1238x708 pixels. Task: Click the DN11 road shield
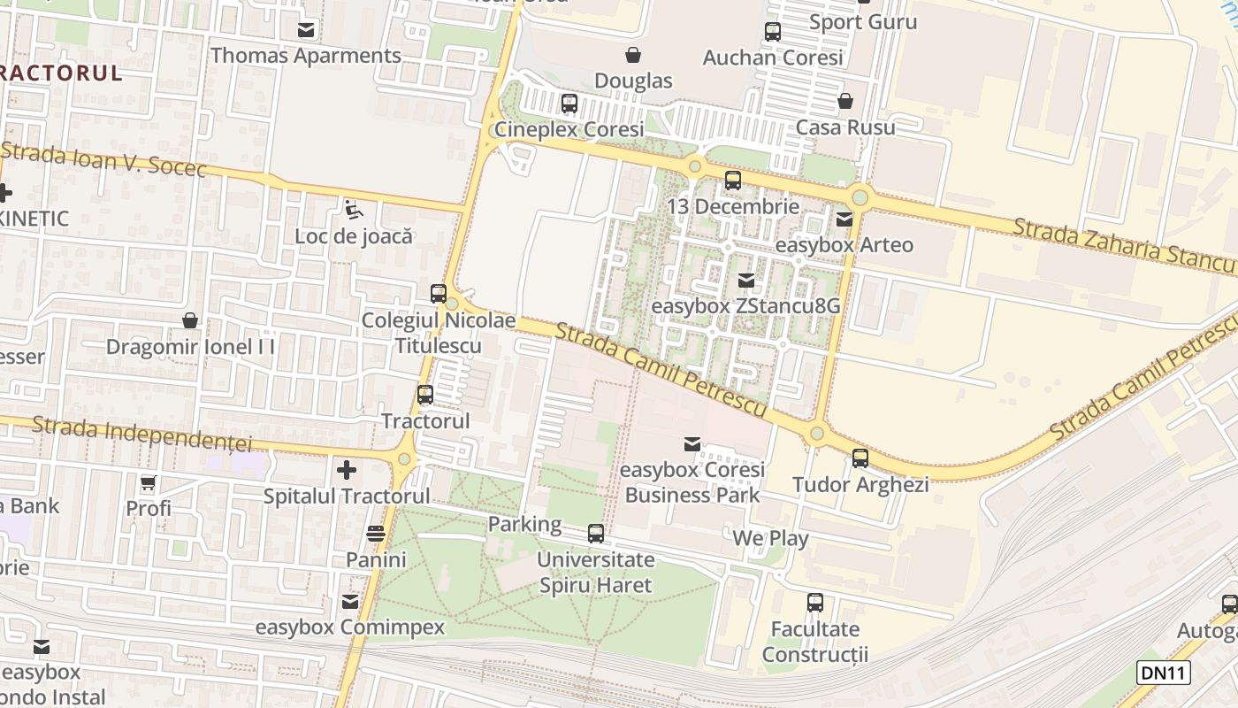1163,673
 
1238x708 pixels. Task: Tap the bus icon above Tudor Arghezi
860,458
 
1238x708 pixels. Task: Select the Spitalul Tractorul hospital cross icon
346,469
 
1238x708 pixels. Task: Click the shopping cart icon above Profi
149,483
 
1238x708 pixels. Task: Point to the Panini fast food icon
376,533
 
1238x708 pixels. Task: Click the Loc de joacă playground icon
354,210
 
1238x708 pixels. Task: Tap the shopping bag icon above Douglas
633,55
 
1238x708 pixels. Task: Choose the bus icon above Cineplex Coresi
569,103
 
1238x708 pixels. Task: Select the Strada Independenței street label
141,434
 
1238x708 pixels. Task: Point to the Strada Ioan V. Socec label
103,160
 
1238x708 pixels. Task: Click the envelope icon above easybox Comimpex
350,602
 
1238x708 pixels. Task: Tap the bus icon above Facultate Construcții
815,603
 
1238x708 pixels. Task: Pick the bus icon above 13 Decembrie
733,181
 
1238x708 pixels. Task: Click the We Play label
770,537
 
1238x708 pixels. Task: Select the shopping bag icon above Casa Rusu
845,101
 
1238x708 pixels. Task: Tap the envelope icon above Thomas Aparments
306,29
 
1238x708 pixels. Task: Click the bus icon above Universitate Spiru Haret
596,534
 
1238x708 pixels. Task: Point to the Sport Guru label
863,21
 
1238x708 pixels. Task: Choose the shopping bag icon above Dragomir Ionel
190,320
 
